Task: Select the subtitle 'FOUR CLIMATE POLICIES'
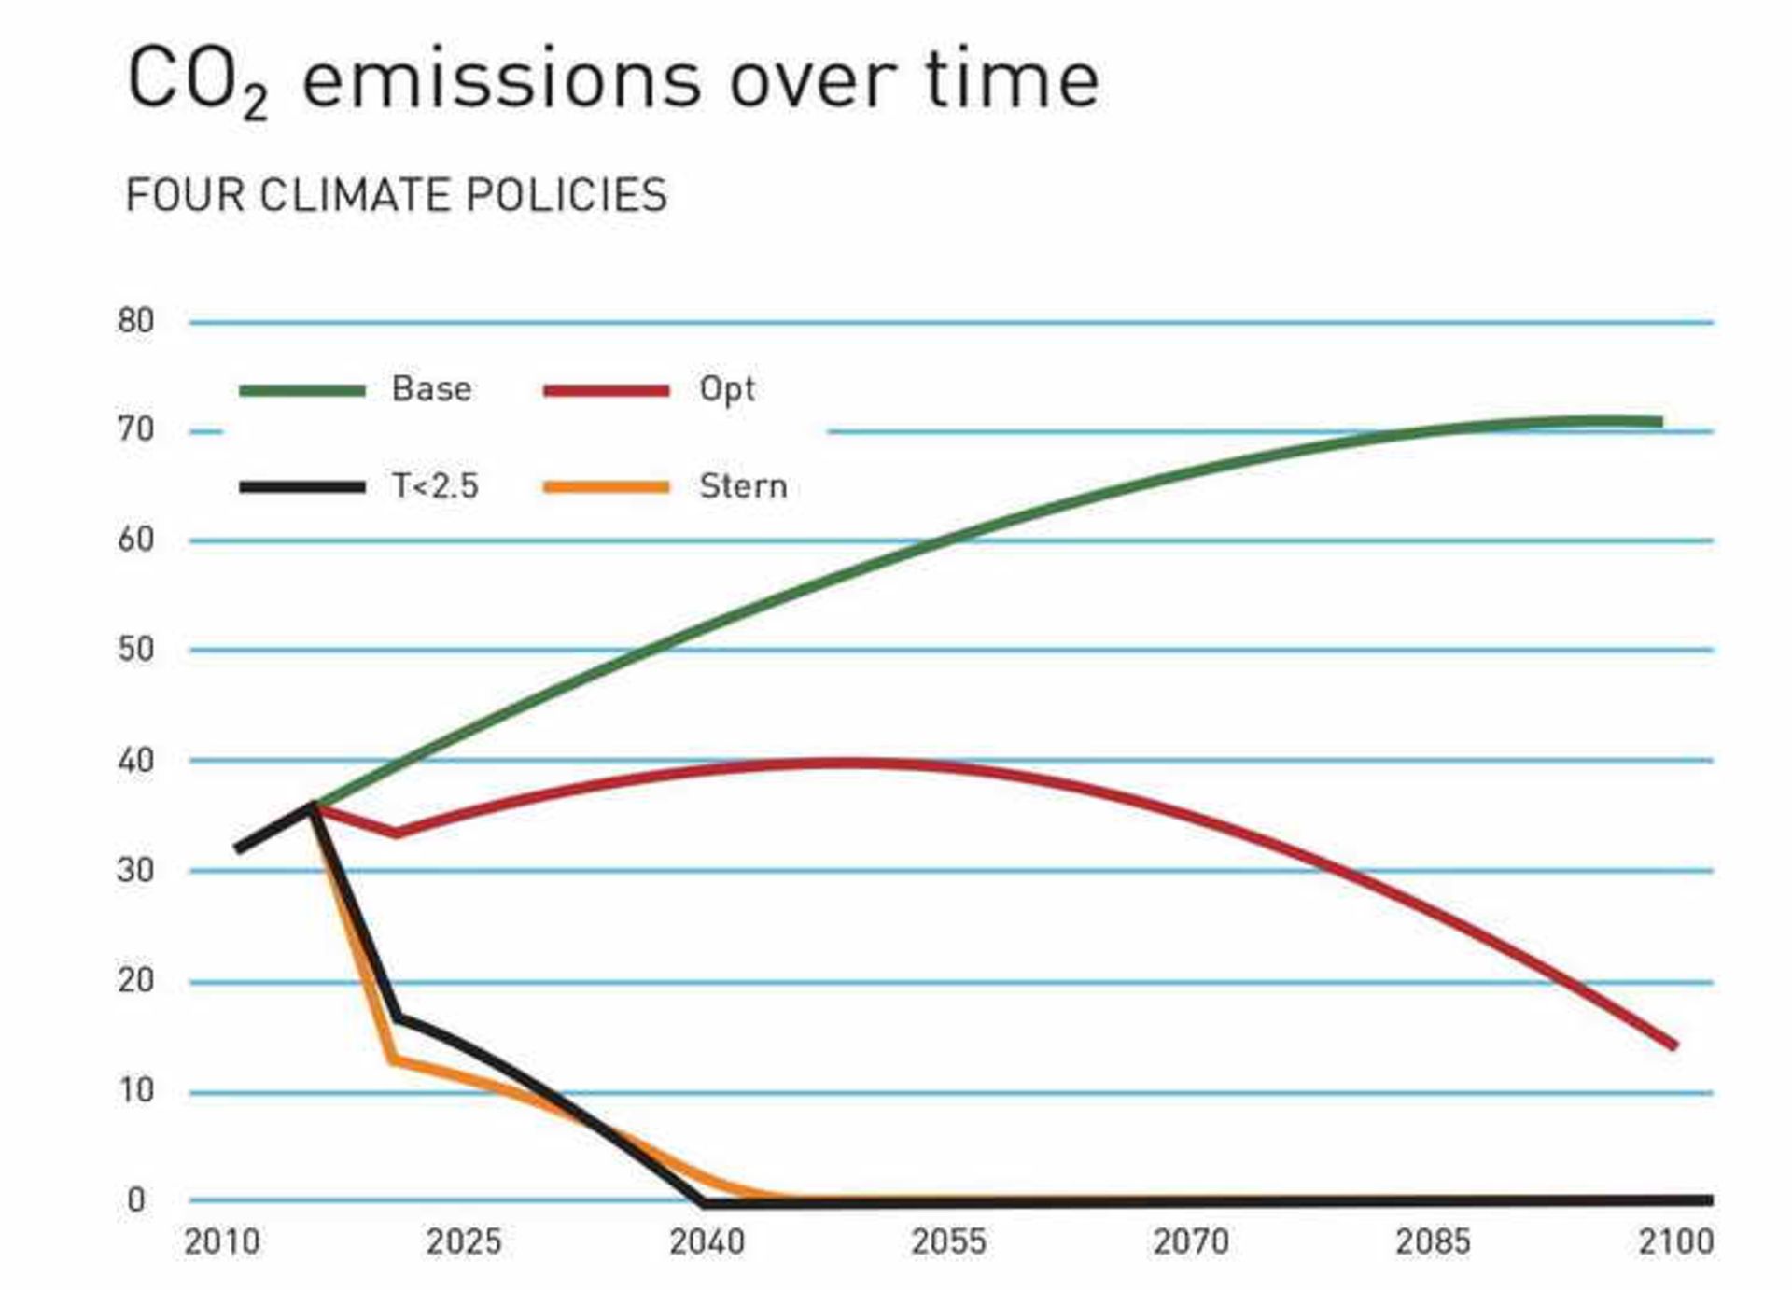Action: coord(396,196)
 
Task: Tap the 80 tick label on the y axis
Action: coord(135,321)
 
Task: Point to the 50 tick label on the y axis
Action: coord(135,650)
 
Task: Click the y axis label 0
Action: coord(136,1200)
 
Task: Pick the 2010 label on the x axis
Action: coord(221,1242)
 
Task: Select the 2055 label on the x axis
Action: coord(948,1242)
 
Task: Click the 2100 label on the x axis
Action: coord(1676,1242)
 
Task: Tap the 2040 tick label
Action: coord(707,1242)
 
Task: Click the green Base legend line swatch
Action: coord(301,390)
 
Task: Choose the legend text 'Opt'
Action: coord(726,389)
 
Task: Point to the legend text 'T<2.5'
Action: coord(434,486)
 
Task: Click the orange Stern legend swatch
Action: coord(607,486)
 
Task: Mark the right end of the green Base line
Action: coord(1659,422)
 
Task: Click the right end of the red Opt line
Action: coord(1674,1045)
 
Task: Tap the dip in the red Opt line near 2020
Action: coord(397,833)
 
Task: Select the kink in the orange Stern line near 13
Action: coord(393,1059)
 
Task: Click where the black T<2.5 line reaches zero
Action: coord(702,1202)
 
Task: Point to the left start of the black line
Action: coord(239,849)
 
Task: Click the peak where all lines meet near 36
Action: coord(313,806)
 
